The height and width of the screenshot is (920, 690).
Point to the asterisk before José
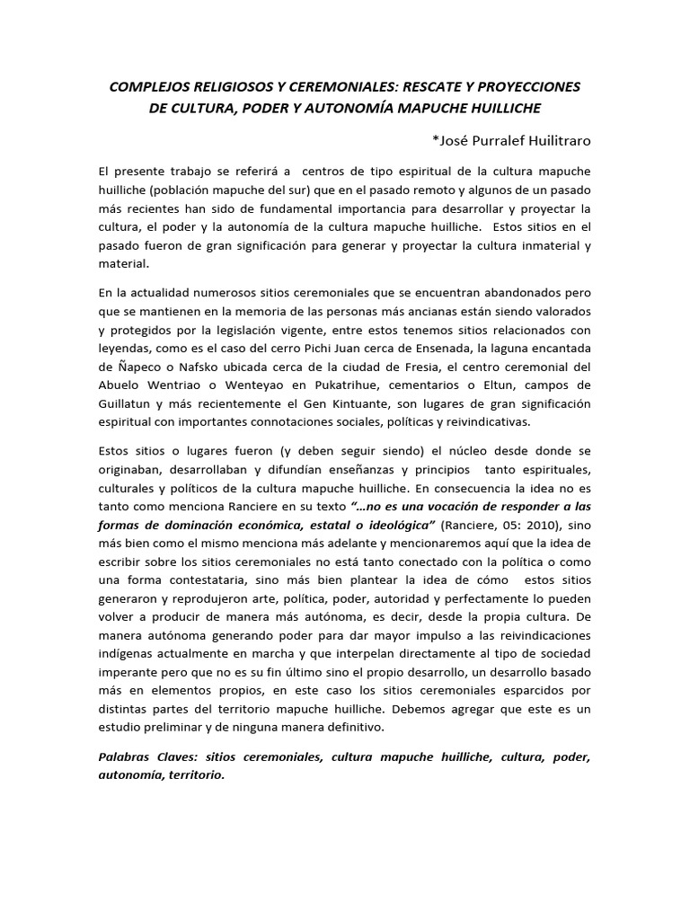436,141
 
